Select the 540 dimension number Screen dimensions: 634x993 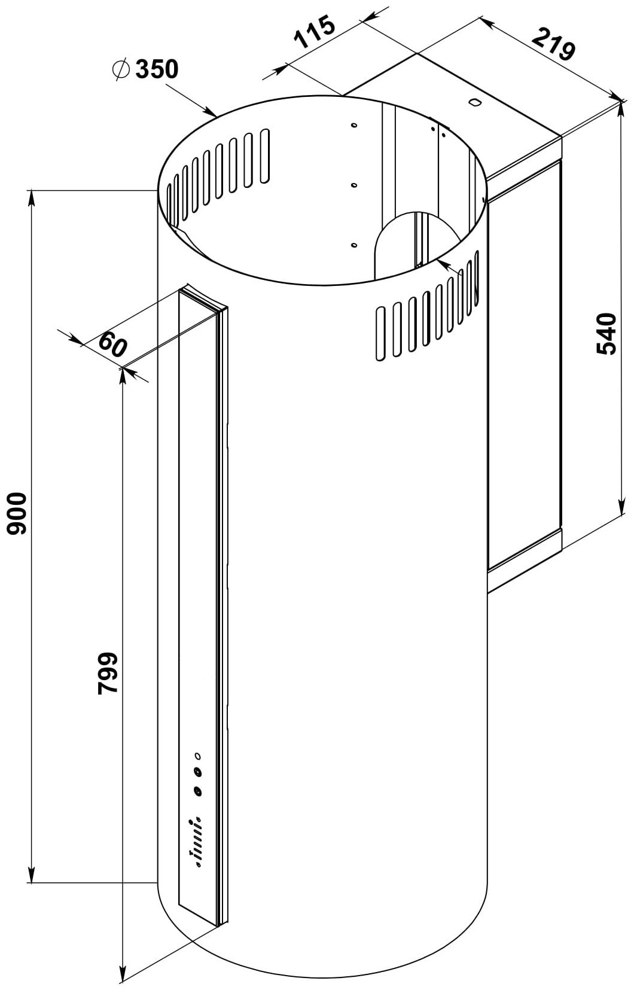tap(606, 334)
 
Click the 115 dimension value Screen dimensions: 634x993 tap(315, 31)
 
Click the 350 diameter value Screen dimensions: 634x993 tap(157, 69)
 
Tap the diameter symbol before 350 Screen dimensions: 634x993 tap(121, 69)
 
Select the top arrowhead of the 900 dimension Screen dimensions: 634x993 tap(31, 198)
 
